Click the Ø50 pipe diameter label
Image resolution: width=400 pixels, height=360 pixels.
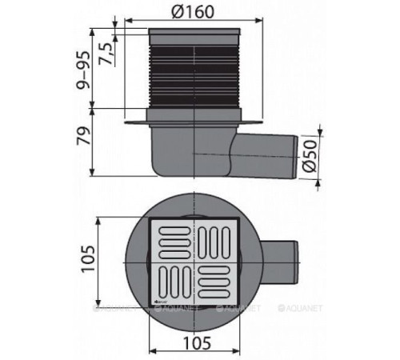(309, 153)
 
